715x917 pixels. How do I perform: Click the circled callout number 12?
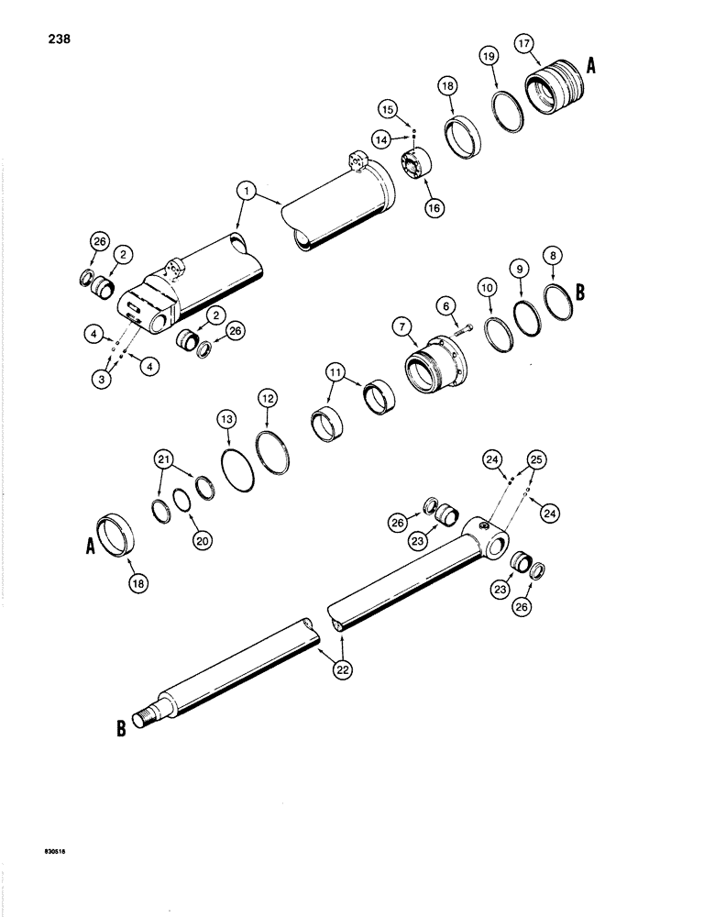267,399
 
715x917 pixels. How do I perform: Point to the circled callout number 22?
341,670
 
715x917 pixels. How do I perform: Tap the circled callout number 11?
334,375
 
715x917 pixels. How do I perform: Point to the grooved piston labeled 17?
551,89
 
